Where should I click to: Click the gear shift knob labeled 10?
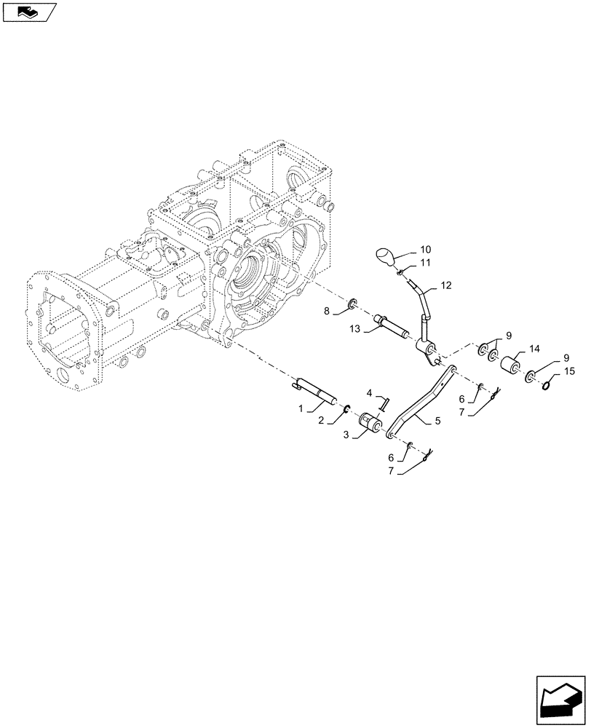(386, 258)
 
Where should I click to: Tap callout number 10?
(425, 249)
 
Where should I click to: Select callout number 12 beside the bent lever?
(447, 285)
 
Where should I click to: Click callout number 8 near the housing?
(328, 311)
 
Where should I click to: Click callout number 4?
(370, 393)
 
